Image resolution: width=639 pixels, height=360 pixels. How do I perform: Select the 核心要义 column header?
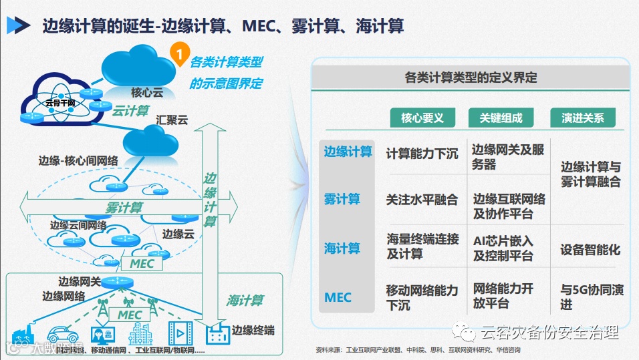[422, 118]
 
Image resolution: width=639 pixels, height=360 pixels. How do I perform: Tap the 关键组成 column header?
[501, 118]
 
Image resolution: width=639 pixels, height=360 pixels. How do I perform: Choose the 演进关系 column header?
[582, 118]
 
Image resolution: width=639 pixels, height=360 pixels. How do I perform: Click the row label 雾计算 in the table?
[342, 199]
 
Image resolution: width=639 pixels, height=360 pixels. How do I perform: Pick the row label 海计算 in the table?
[342, 248]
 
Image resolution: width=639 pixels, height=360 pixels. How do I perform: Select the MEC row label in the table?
[338, 297]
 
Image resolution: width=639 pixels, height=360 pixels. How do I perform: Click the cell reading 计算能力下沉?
[422, 154]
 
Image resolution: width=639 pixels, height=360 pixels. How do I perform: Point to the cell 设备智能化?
[590, 250]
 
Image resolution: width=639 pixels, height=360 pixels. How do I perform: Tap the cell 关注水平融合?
[422, 199]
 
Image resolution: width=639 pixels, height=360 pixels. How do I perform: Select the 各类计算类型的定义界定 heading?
[471, 77]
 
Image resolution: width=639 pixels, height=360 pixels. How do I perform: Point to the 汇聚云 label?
[172, 121]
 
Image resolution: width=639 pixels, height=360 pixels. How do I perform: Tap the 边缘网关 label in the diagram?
[79, 281]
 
